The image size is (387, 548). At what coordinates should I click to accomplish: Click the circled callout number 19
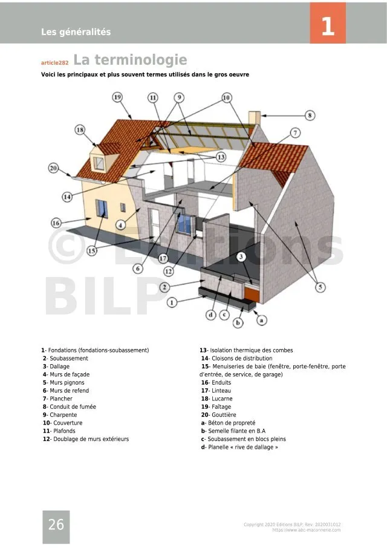tap(117, 97)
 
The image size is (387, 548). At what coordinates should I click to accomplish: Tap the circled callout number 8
tap(310, 115)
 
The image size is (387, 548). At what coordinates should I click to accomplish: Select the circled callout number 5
tap(320, 287)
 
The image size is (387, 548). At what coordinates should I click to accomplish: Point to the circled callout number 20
tap(53, 168)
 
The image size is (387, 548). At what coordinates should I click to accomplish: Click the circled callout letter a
tap(262, 321)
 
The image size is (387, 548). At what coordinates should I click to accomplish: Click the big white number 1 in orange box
tap(327, 27)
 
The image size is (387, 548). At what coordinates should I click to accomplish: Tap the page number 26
tap(56, 525)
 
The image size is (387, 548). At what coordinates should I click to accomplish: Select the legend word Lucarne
tap(221, 399)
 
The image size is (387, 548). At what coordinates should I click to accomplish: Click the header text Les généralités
tap(76, 32)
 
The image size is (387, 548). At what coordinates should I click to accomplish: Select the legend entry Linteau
tap(221, 391)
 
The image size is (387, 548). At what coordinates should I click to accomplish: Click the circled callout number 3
tap(241, 257)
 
